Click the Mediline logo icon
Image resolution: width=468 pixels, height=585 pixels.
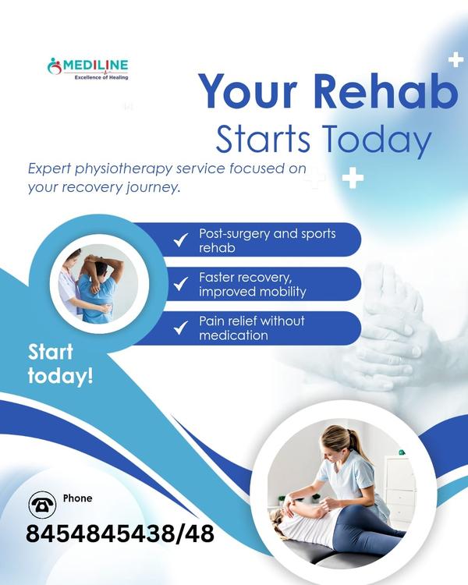[55, 66]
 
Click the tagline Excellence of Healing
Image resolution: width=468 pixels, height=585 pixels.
[101, 77]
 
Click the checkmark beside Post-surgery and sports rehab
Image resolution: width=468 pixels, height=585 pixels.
[180, 240]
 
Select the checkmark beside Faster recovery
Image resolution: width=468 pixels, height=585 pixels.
[180, 284]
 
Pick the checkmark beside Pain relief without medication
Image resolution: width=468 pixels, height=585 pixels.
[180, 328]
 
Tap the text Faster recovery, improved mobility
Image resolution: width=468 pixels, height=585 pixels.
[252, 284]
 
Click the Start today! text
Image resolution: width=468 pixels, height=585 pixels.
[60, 363]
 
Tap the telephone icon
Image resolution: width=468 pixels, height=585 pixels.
[42, 505]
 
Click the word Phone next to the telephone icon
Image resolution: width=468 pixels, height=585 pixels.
[77, 498]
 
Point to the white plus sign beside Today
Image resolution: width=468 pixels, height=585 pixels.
[353, 178]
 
